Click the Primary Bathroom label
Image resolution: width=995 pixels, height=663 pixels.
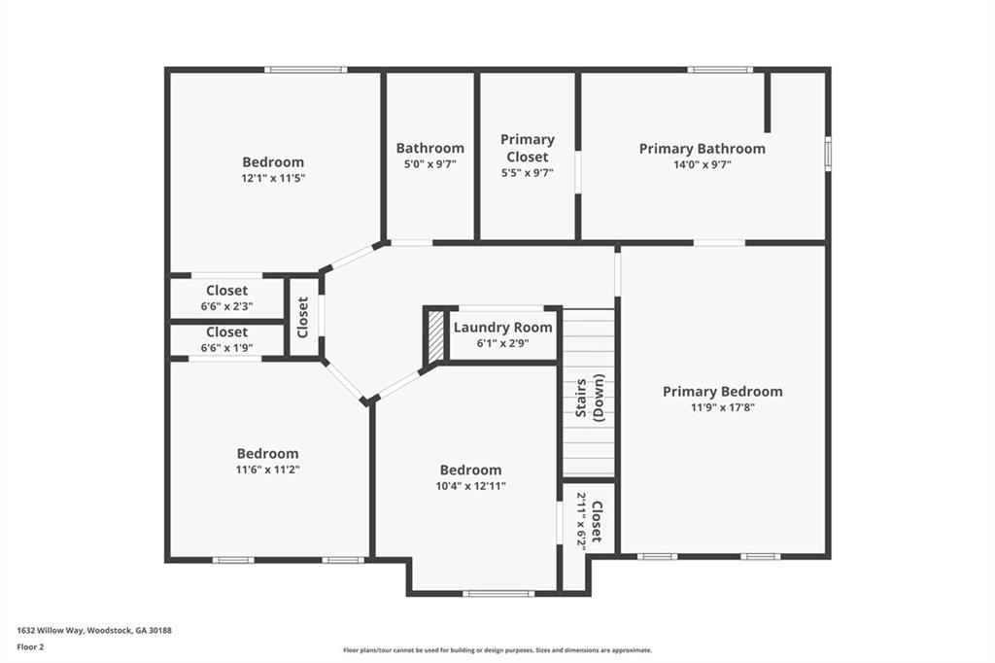tap(702, 149)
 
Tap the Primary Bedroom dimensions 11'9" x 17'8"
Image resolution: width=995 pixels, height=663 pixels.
tap(722, 407)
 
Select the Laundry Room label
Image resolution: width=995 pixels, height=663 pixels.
tap(502, 328)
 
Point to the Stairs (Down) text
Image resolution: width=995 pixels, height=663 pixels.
tap(590, 398)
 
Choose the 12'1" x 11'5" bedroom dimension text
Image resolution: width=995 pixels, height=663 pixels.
tap(273, 179)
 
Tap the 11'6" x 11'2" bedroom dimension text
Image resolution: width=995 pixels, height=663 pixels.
tap(267, 470)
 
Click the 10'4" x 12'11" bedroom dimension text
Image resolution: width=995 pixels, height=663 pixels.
tap(470, 486)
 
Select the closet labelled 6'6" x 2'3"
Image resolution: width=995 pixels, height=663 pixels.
tap(226, 297)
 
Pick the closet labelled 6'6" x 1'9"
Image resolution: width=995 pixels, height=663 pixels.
tap(226, 339)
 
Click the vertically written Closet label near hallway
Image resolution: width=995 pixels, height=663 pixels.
tap(303, 317)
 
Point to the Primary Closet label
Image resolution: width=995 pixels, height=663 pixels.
tap(527, 148)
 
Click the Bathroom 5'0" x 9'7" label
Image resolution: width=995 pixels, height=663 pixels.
tap(429, 156)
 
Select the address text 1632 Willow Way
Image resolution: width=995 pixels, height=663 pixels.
tap(94, 630)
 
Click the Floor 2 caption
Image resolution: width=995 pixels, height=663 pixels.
tap(30, 646)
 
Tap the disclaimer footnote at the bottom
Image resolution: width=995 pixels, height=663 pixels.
tap(497, 650)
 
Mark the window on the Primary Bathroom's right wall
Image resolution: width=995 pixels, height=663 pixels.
tap(828, 154)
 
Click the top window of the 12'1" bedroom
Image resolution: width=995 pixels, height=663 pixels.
tap(305, 69)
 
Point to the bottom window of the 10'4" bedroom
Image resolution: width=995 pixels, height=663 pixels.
tap(497, 593)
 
